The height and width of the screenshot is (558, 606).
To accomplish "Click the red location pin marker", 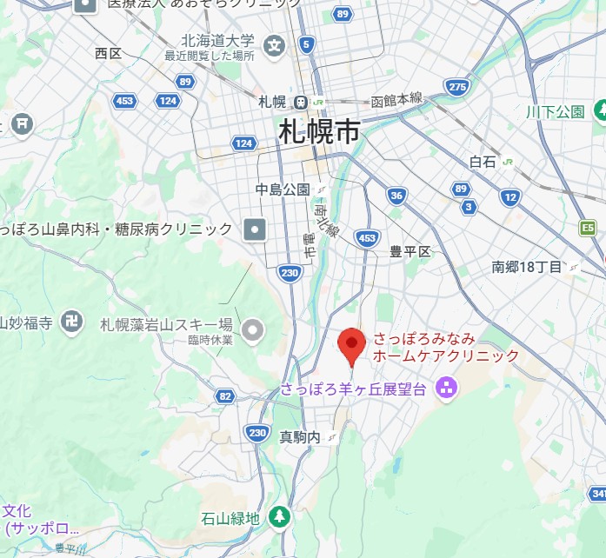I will (x=351, y=347).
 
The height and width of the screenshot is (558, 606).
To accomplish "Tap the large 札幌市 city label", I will (x=320, y=133).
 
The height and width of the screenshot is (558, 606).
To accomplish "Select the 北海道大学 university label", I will (x=217, y=41).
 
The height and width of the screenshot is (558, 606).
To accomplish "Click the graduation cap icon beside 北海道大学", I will (x=275, y=44).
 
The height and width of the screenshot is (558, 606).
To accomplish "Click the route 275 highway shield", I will (x=457, y=86).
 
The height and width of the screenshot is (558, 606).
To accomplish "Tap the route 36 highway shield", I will (x=396, y=196).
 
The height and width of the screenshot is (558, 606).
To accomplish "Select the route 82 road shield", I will (x=225, y=396).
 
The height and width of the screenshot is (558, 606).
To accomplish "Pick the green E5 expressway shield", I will (x=589, y=228).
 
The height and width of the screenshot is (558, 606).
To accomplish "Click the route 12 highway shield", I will (x=510, y=197).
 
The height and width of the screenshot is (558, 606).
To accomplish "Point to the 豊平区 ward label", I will (x=410, y=252).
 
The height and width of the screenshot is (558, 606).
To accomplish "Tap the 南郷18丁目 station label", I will (x=527, y=267).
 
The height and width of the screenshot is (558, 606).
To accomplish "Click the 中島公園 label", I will (x=283, y=189).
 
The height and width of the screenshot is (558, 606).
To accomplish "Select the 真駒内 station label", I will (x=300, y=436).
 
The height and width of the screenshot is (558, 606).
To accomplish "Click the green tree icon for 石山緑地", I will (x=279, y=516).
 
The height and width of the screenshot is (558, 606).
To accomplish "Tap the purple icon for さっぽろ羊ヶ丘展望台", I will (x=447, y=389).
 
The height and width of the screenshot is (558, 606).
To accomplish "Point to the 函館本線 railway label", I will (x=397, y=99).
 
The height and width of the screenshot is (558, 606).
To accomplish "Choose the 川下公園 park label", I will (x=556, y=111).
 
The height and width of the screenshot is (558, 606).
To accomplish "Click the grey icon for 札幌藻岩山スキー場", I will (x=253, y=329).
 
